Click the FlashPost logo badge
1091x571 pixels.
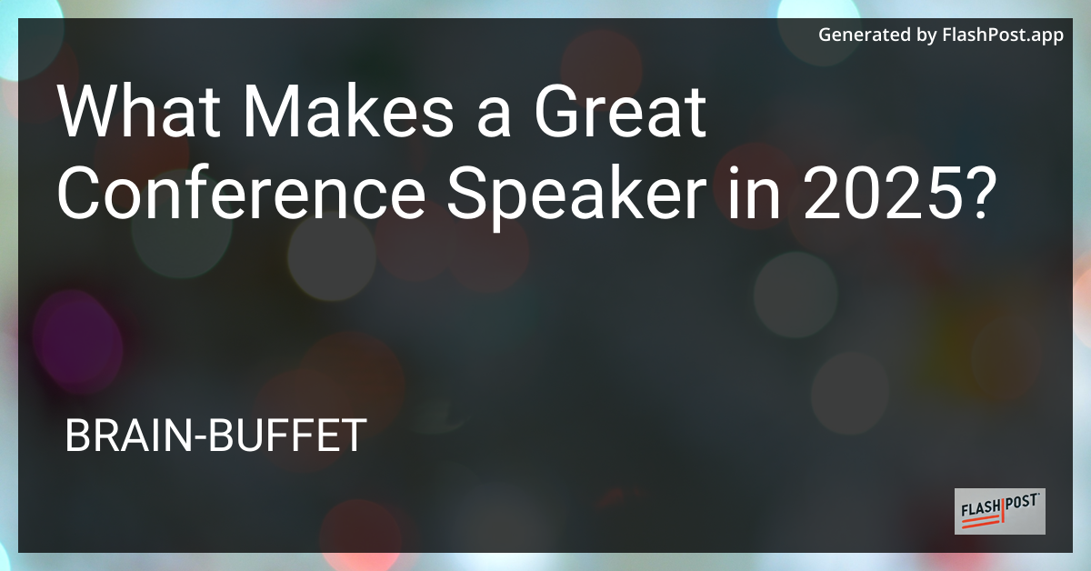pyautogui.click(x=999, y=511)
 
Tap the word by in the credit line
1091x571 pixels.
pyautogui.click(x=926, y=35)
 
